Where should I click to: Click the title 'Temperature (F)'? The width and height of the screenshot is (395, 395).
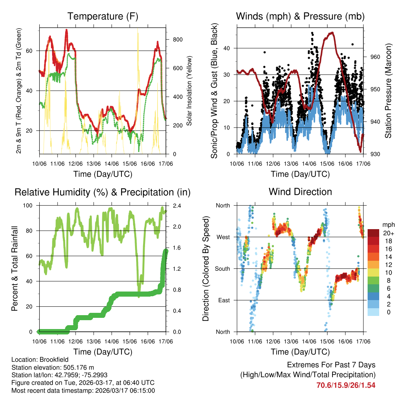click(x=103, y=17)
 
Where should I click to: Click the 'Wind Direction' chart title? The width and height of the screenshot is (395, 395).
click(x=300, y=192)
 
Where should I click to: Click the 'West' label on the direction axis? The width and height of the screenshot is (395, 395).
click(x=223, y=237)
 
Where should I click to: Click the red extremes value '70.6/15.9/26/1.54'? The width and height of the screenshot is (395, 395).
click(x=346, y=385)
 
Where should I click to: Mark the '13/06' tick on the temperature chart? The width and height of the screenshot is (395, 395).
click(x=94, y=164)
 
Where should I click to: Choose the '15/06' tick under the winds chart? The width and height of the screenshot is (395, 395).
click(x=327, y=164)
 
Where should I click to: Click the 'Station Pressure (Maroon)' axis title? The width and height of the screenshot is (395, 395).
click(x=388, y=90)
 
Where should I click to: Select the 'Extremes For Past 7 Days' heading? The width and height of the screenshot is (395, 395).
click(x=331, y=365)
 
